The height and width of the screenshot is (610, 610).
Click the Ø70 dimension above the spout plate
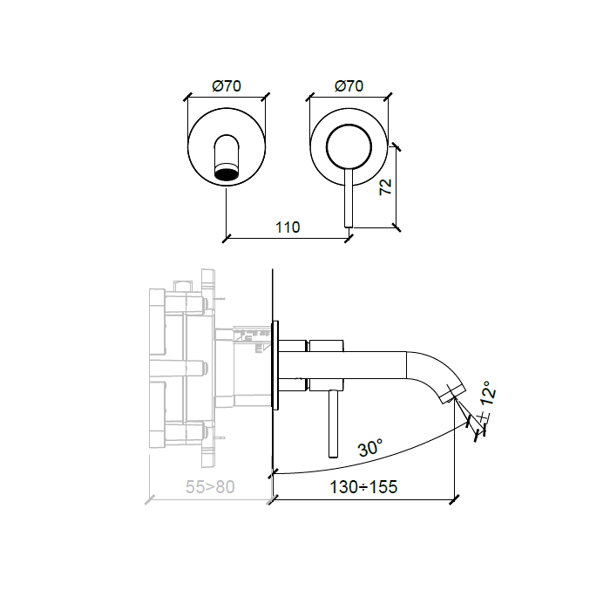tap(227, 85)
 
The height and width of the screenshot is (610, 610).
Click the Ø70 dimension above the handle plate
tap(349, 85)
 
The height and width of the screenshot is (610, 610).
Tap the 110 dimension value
tap(288, 227)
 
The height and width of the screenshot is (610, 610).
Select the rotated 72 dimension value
tap(385, 187)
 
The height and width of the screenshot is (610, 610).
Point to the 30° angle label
tap(370, 447)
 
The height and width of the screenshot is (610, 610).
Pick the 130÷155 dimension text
tap(363, 486)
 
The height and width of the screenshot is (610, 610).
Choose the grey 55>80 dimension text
tap(210, 486)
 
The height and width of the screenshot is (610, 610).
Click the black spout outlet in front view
tap(227, 172)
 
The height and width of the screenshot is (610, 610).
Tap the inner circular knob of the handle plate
tap(349, 147)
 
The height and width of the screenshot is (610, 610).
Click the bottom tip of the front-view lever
tap(349, 227)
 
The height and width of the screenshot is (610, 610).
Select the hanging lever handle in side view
tap(334, 424)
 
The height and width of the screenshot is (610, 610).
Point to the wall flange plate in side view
tap(275, 365)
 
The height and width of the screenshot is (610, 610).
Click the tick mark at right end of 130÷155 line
tap(454, 499)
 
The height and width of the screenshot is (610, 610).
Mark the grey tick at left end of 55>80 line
tap(150, 499)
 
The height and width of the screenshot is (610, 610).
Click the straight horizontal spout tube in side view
tap(342, 365)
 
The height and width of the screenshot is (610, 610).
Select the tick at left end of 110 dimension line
tap(227, 238)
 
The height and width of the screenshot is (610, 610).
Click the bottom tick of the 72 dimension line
tap(396, 227)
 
